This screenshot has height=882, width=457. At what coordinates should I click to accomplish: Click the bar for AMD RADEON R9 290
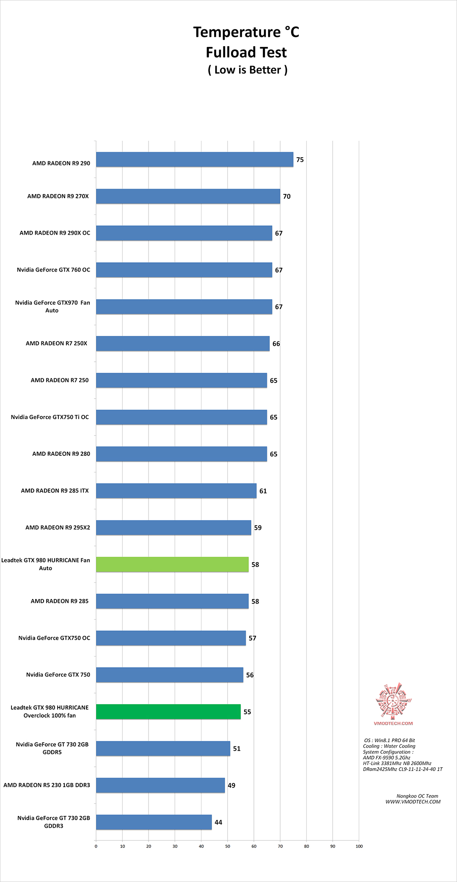[x=195, y=160]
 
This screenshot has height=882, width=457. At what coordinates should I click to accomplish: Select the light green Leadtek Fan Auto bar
[x=172, y=565]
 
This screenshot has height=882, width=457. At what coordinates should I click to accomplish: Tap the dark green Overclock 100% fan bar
[x=168, y=712]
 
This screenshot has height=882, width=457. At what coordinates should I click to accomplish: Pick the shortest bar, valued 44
[x=154, y=822]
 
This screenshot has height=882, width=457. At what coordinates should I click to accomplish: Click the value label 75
[x=300, y=160]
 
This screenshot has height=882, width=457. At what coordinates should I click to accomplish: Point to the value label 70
[x=287, y=197]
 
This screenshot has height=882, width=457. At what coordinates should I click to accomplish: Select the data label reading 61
[x=263, y=491]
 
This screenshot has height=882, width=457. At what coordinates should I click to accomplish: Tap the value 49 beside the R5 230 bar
[x=231, y=785]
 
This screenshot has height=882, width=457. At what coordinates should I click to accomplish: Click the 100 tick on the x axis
[x=359, y=846]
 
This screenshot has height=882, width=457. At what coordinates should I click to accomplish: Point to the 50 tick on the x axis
[x=228, y=846]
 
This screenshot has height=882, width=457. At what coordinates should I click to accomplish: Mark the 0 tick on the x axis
[x=96, y=846]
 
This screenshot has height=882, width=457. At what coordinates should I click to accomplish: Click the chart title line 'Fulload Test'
[x=246, y=53]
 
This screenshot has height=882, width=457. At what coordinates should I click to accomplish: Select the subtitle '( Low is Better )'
[x=248, y=70]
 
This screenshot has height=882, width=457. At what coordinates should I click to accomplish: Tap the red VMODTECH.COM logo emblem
[x=393, y=701]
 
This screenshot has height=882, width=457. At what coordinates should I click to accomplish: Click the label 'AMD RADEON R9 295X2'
[x=58, y=527]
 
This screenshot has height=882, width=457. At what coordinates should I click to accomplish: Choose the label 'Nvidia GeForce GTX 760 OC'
[x=53, y=270]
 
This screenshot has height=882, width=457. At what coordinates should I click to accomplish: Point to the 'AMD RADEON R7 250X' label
[x=56, y=344]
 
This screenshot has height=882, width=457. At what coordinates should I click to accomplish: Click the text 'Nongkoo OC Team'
[x=417, y=796]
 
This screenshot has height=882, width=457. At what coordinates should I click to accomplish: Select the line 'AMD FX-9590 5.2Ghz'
[x=386, y=757]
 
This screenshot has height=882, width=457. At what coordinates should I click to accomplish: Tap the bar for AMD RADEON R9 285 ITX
[x=176, y=491]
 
